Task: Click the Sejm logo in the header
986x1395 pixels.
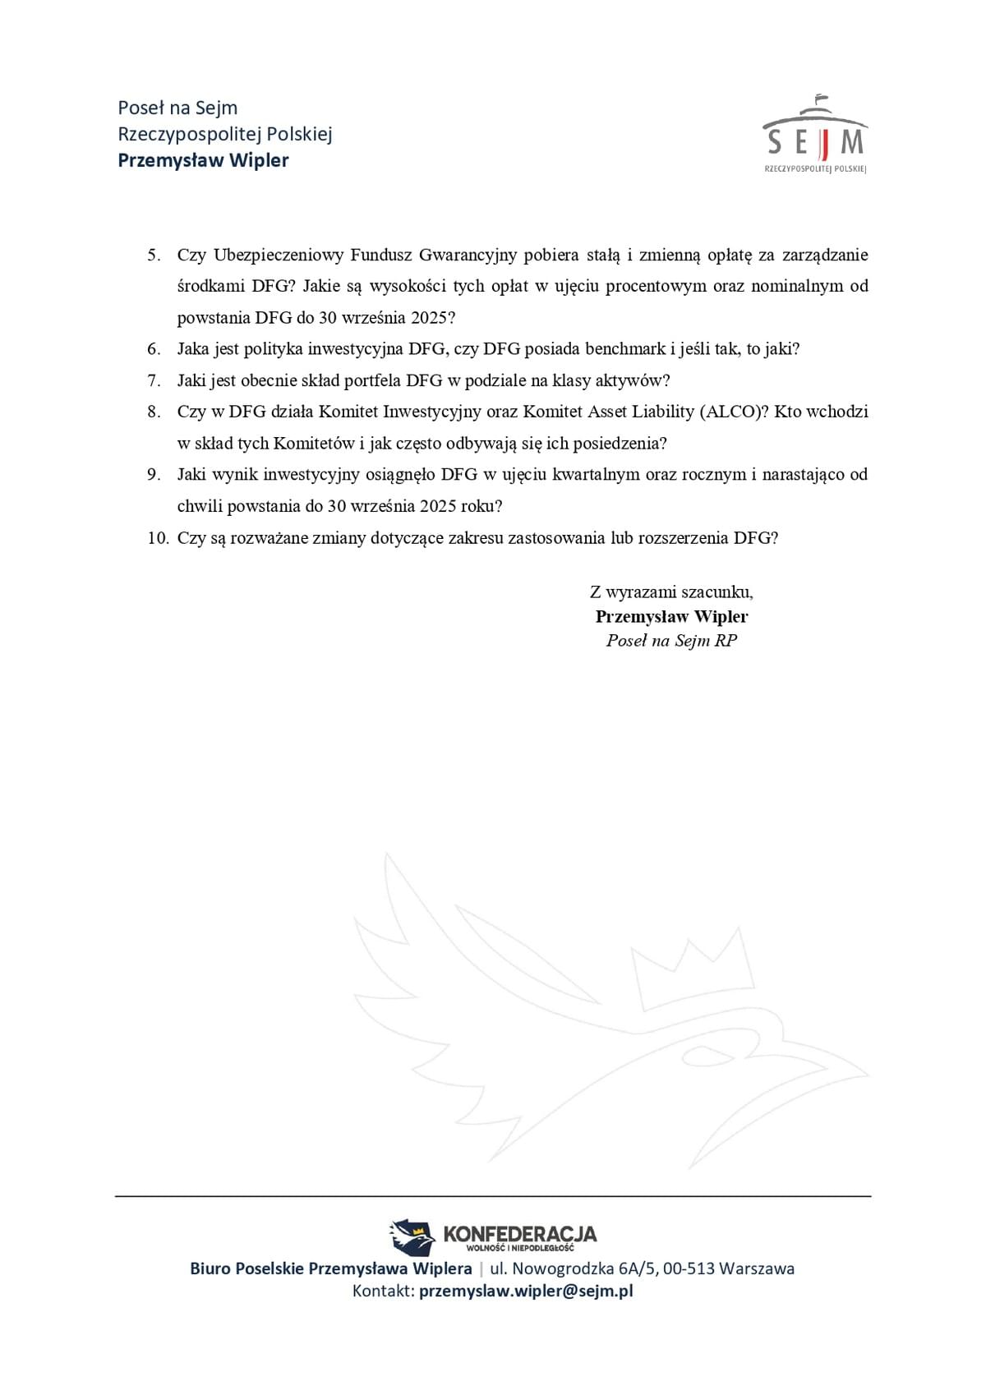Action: coord(814,135)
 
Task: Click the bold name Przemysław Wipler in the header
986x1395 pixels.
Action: coord(203,160)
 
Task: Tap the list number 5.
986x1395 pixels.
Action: coord(154,255)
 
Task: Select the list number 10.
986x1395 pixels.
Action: coord(157,538)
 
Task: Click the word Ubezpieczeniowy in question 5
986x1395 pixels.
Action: coord(277,255)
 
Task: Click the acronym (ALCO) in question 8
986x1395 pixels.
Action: coord(734,412)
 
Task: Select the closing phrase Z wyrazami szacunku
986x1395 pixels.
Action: coord(670,592)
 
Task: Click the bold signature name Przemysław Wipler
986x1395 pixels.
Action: coord(671,617)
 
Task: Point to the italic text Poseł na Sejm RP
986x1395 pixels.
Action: coord(671,641)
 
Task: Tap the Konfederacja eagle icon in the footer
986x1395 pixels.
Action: coord(412,1236)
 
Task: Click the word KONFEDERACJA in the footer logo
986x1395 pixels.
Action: coord(519,1233)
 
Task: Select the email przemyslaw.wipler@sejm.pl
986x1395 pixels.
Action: coord(526,1291)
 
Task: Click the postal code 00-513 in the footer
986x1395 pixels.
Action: coord(689,1268)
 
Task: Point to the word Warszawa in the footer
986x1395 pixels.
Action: coord(757,1268)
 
